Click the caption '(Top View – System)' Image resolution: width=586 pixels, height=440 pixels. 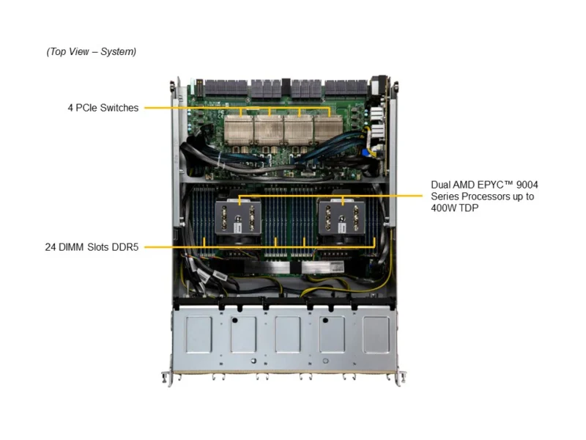click(x=91, y=51)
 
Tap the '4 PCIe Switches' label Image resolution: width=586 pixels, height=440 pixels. click(x=103, y=108)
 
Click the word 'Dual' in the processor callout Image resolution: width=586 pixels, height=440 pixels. click(x=442, y=185)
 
